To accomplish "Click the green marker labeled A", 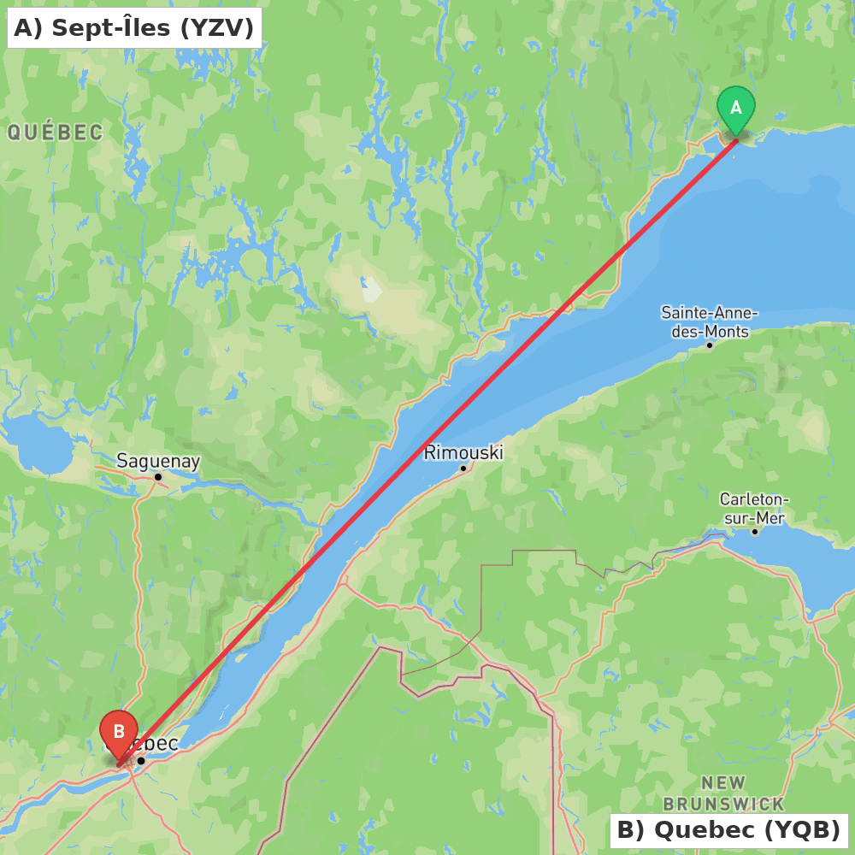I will [x=735, y=109].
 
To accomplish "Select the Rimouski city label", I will [x=463, y=452].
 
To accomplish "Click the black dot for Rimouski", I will [x=463, y=468].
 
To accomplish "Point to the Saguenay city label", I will [x=158, y=462].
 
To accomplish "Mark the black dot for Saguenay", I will [x=158, y=477].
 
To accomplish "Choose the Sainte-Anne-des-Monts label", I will [x=710, y=322].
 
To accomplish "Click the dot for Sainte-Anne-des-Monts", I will [x=710, y=345].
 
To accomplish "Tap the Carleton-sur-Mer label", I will [x=753, y=508].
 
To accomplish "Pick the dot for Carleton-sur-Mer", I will [x=755, y=532].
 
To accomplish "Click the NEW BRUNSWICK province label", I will [x=723, y=793].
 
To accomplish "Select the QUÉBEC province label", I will [x=55, y=133].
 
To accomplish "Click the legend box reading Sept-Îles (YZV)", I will [x=134, y=28].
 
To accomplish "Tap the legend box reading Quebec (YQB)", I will [x=728, y=829].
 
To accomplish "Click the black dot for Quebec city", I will [x=141, y=760].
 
